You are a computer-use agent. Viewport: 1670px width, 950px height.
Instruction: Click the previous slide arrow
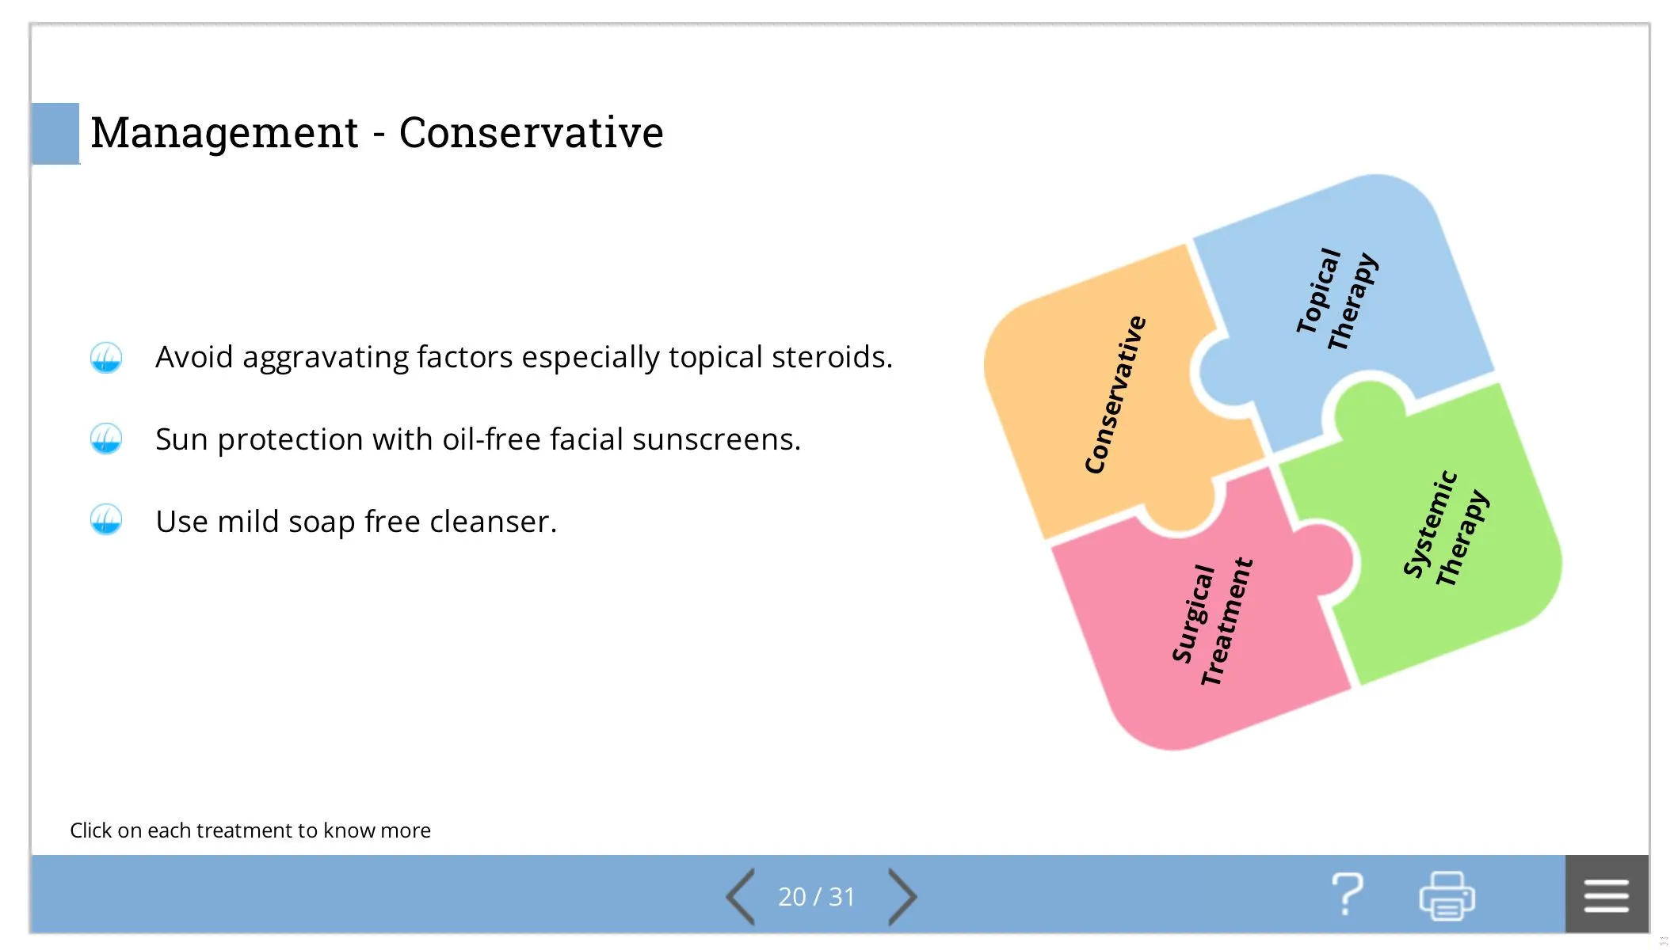[x=740, y=896]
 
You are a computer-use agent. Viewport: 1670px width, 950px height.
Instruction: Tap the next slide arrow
[x=902, y=896]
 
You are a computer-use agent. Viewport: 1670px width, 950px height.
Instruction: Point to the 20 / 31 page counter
[x=817, y=897]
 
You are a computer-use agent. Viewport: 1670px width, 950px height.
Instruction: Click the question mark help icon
[x=1347, y=895]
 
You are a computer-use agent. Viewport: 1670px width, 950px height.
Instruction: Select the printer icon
[x=1447, y=895]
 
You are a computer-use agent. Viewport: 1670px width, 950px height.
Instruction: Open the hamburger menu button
[x=1607, y=895]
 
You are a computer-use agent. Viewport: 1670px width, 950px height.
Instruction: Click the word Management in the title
[x=225, y=133]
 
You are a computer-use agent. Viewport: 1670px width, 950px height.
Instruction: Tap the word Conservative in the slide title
[x=531, y=132]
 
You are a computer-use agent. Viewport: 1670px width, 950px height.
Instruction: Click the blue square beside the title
[x=55, y=134]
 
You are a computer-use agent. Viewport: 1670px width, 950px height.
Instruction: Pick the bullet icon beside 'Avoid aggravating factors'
[x=106, y=358]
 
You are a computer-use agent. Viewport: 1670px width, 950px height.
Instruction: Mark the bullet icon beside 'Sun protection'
[x=106, y=439]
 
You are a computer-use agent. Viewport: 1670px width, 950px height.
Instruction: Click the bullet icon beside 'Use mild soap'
[x=106, y=520]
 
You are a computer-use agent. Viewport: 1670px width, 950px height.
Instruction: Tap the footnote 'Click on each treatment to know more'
[x=250, y=830]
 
